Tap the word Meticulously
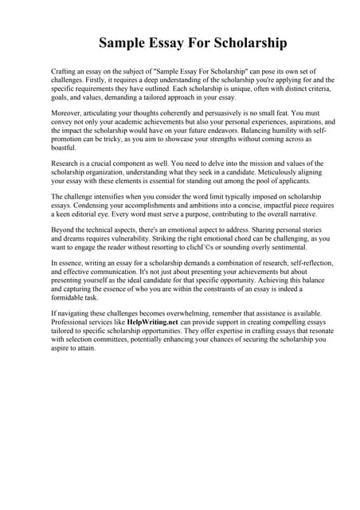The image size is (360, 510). pos(249,174)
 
